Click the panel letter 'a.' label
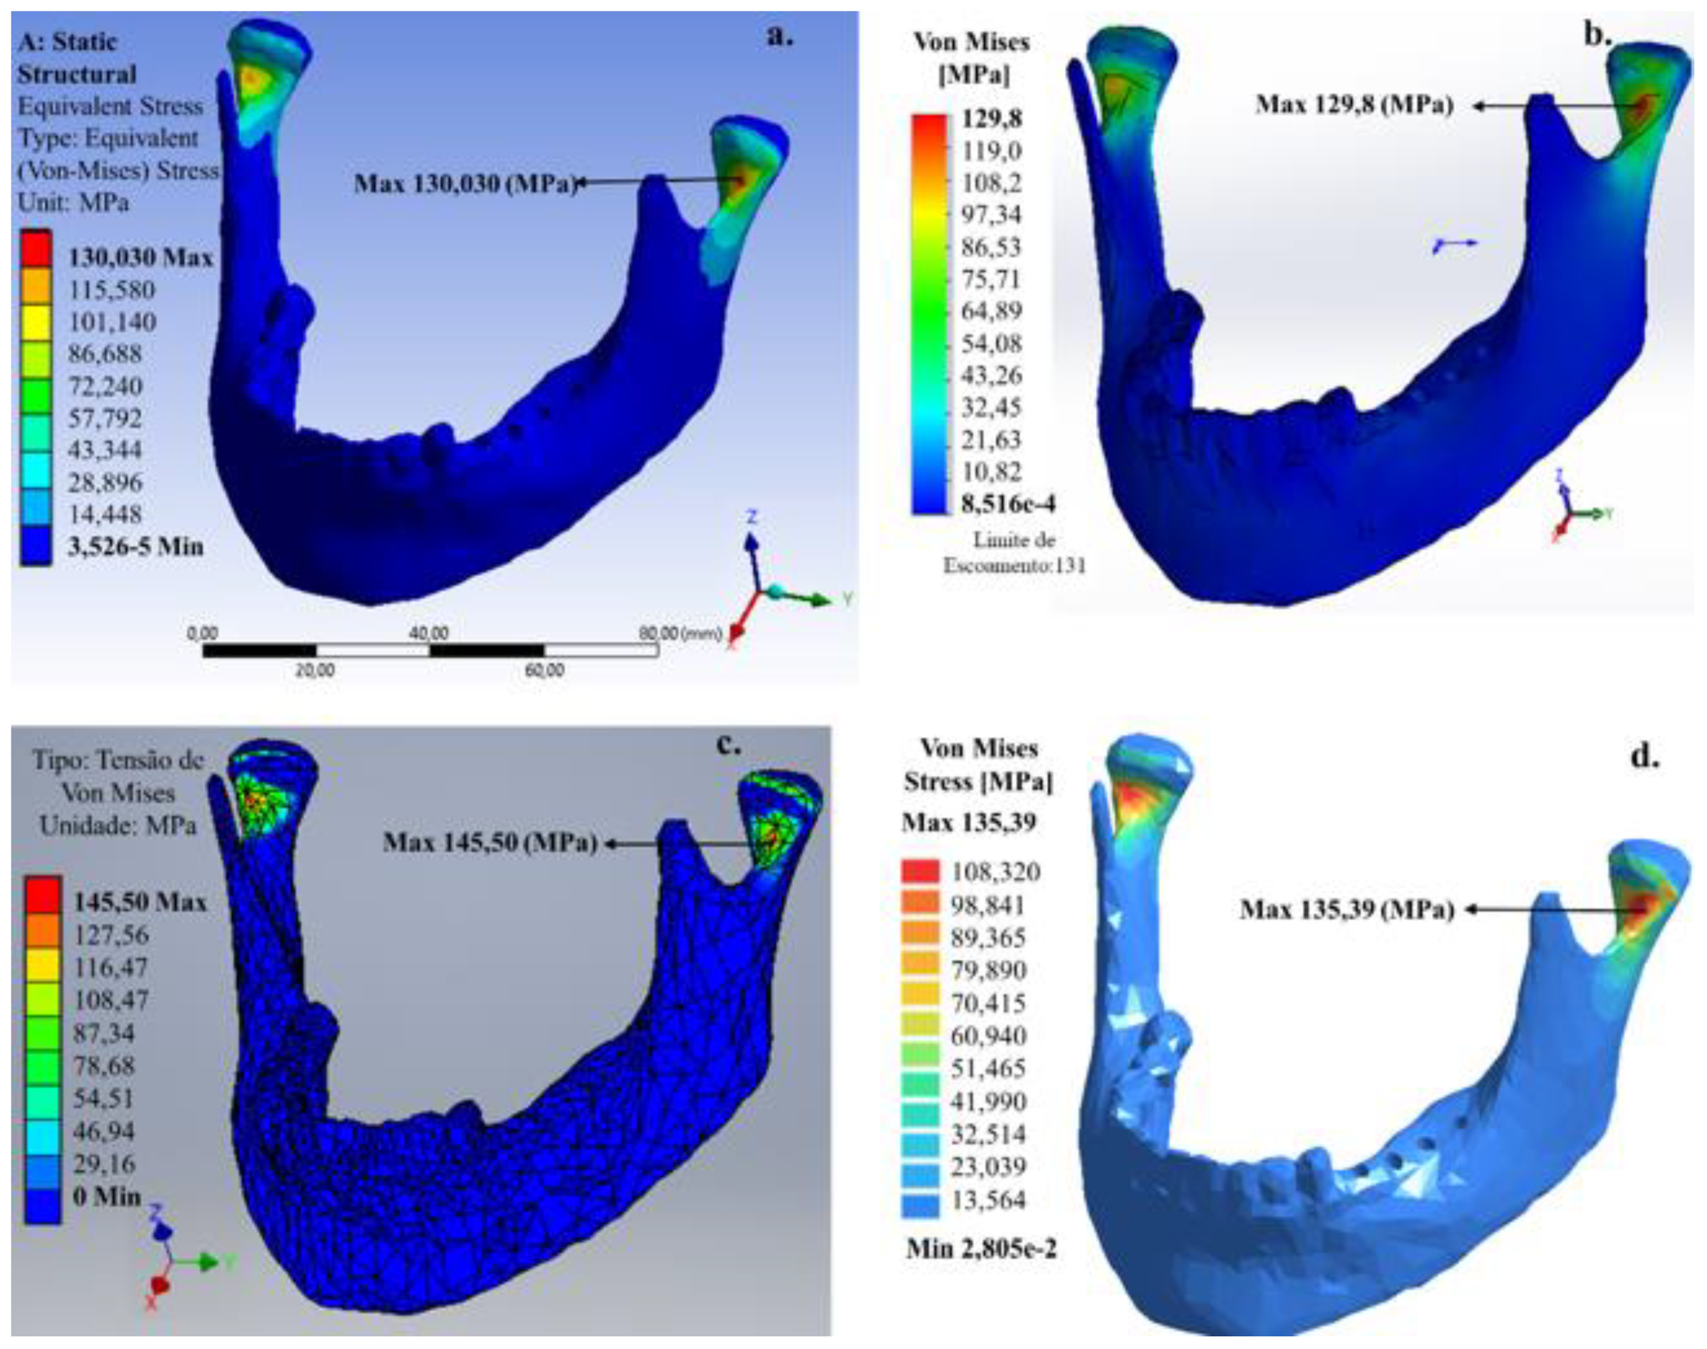[x=779, y=37]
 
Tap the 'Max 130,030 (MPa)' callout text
[x=464, y=184]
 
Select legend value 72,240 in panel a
[x=105, y=387]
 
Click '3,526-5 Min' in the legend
[x=135, y=546]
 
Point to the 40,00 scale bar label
[x=429, y=633]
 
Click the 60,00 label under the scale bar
[x=545, y=671]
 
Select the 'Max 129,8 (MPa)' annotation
[x=1353, y=104]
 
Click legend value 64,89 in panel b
[x=991, y=311]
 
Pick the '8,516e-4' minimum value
[x=1007, y=504]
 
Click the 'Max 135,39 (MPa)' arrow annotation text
[x=1346, y=910]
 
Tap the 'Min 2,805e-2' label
[x=981, y=1249]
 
